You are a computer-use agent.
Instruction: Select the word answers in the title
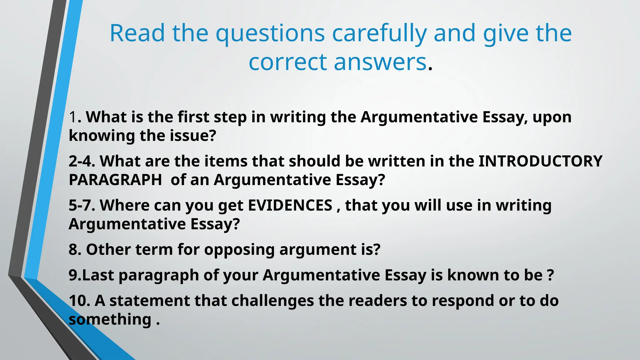tap(380, 62)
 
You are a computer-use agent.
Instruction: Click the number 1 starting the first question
tap(73, 117)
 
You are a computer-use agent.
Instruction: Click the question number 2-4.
tap(82, 162)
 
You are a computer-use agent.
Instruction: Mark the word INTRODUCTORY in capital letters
tap(540, 162)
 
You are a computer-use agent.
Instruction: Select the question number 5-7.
tap(82, 206)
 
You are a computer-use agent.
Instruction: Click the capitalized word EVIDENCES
tap(290, 206)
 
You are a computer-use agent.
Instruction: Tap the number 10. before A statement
tap(79, 301)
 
